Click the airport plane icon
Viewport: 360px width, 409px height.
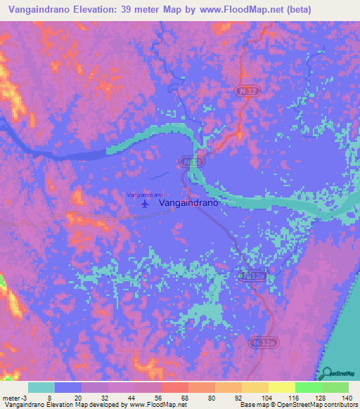146,204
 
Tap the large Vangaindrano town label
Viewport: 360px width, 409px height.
190,202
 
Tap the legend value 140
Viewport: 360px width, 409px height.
347,397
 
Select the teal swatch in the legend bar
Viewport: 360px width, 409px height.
41,387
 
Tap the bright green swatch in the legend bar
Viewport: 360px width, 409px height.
309,387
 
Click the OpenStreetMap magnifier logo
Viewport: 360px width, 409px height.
326,374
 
